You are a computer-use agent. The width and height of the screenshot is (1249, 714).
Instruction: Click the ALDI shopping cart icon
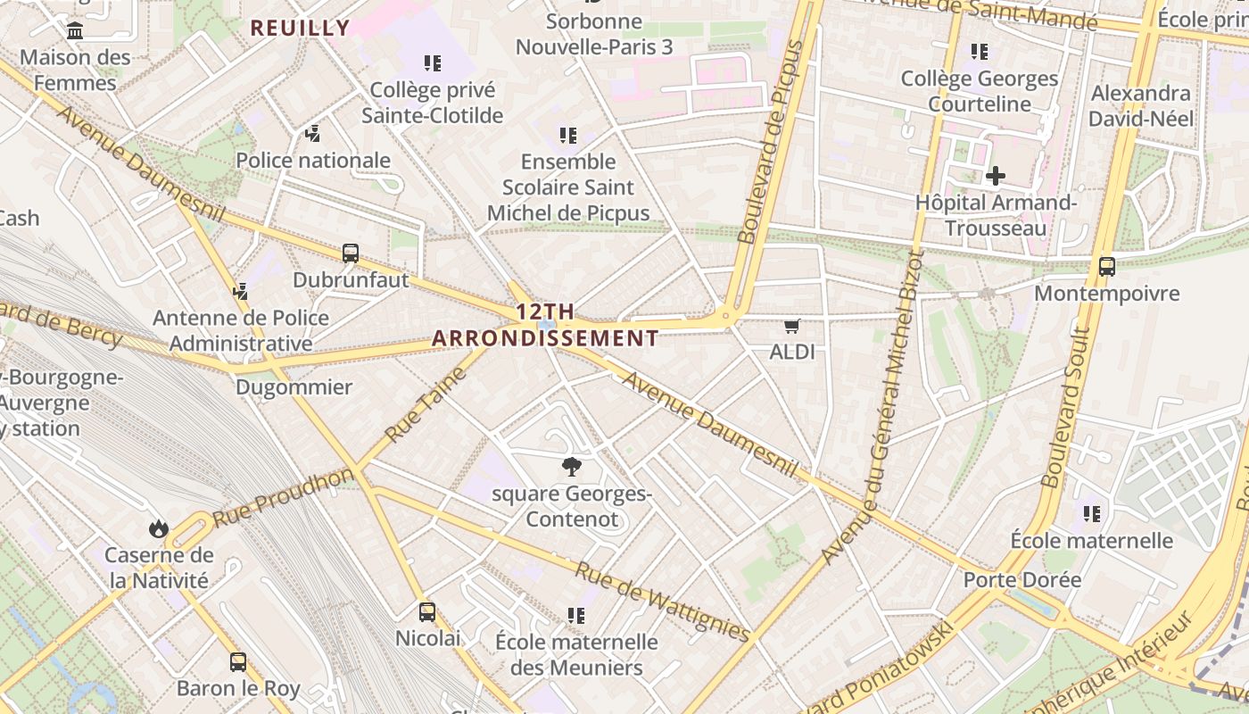pyautogui.click(x=791, y=327)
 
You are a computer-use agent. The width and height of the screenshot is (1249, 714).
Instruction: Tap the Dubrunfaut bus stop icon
pyautogui.click(x=351, y=253)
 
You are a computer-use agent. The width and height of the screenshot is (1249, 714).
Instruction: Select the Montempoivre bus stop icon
pyautogui.click(x=1107, y=266)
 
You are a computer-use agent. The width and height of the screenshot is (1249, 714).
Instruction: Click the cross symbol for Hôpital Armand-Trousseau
pyautogui.click(x=996, y=176)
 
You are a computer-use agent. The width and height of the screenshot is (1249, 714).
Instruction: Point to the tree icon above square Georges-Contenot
pyautogui.click(x=571, y=467)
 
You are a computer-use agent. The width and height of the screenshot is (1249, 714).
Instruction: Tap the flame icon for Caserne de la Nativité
pyautogui.click(x=159, y=528)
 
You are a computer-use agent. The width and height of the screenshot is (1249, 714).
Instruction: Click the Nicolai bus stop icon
pyautogui.click(x=427, y=612)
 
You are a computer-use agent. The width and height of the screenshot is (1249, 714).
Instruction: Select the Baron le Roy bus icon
pyautogui.click(x=238, y=662)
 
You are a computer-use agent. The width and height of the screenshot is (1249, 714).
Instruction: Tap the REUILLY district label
pyautogui.click(x=300, y=28)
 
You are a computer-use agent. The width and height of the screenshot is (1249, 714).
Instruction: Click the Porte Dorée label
pyautogui.click(x=1022, y=580)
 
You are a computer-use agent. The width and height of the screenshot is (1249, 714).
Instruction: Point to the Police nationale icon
pyautogui.click(x=312, y=135)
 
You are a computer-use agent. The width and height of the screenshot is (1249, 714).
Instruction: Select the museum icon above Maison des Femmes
pyautogui.click(x=75, y=31)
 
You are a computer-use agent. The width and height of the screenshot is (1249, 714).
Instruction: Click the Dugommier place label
pyautogui.click(x=294, y=387)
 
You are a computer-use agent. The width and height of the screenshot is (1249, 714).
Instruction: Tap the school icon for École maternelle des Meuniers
pyautogui.click(x=576, y=616)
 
